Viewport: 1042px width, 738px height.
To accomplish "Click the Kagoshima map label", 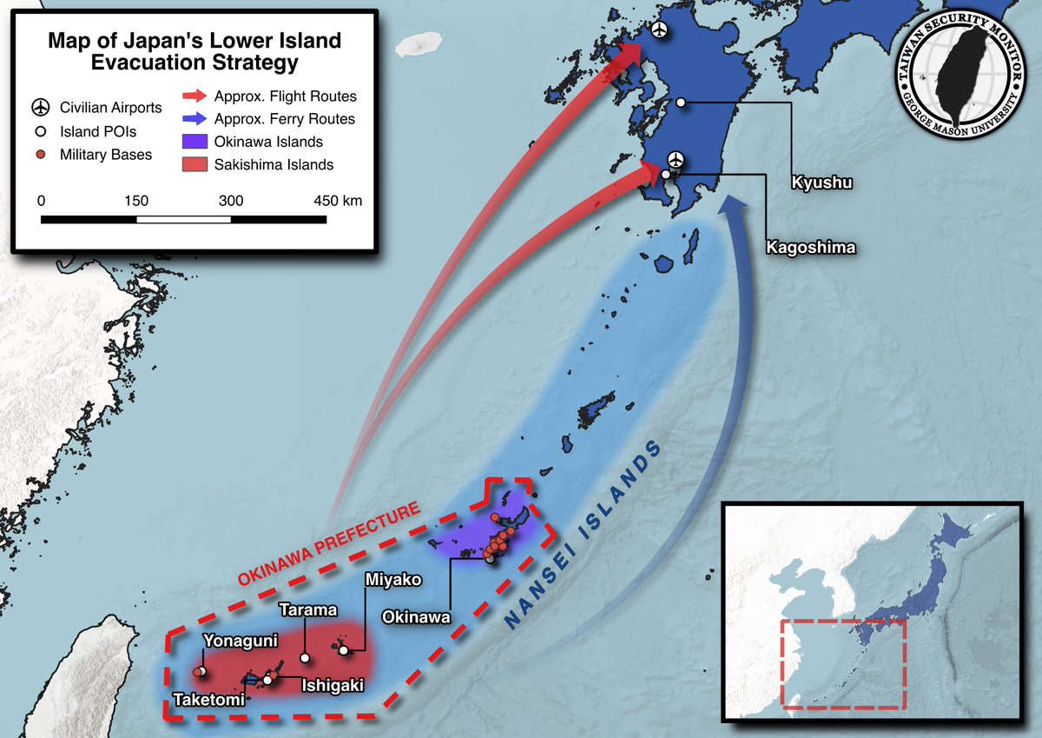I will click(x=810, y=248).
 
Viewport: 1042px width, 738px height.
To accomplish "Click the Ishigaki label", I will click(x=332, y=686).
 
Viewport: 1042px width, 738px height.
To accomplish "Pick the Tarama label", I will click(x=307, y=609).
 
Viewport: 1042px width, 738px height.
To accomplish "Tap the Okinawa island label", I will click(x=417, y=617).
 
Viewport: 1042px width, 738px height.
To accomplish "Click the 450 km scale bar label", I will click(x=338, y=201).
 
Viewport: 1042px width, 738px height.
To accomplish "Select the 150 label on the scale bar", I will click(x=136, y=201).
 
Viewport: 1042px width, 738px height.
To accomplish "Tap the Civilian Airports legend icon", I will click(x=40, y=108).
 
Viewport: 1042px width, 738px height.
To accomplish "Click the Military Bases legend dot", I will click(x=40, y=155).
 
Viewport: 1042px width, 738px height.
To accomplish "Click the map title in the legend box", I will click(x=195, y=52).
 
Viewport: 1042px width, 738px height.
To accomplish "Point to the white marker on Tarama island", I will click(x=305, y=658).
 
